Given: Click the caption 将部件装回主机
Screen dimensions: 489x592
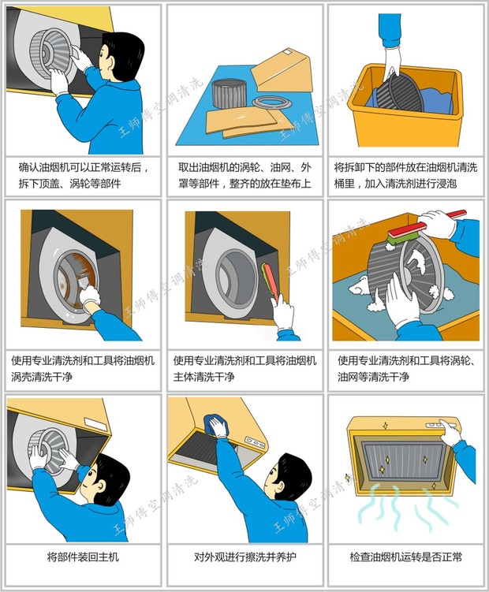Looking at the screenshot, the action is (x=83, y=557).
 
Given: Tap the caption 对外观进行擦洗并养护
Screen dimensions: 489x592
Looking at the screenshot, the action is (x=244, y=557).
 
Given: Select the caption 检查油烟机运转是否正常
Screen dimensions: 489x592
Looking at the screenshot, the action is (x=406, y=557).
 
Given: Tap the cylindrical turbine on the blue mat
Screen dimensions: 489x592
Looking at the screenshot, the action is (x=229, y=93).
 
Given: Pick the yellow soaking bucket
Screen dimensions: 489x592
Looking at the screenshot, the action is (x=405, y=105).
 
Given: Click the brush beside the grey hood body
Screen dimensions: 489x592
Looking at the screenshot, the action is (x=271, y=282).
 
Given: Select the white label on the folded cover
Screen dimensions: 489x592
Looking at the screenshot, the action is (x=289, y=52).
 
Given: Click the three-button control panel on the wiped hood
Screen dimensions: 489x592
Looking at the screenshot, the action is (x=254, y=441).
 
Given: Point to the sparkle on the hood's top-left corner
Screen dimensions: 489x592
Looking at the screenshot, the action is (x=386, y=426).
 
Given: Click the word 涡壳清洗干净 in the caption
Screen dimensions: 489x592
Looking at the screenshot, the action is (x=42, y=377).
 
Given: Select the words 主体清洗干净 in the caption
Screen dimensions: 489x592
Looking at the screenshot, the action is (x=204, y=377).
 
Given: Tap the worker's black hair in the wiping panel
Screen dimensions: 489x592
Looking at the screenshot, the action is (x=296, y=469).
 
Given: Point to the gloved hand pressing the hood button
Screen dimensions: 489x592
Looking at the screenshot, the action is (x=450, y=432).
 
